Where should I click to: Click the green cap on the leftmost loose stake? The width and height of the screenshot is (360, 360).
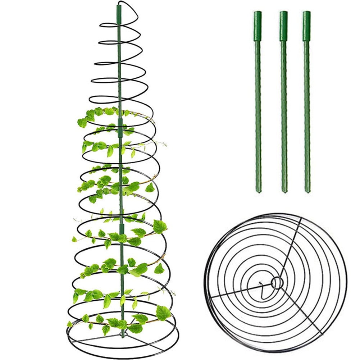pos(258,21)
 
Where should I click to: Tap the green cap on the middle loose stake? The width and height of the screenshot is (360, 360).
pos(284,21)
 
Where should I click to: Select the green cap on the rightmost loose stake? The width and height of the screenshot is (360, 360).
pos(306,21)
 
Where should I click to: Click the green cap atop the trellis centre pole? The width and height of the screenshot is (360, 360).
pos(119,14)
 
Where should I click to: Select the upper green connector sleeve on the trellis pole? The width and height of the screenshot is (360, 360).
pos(120,128)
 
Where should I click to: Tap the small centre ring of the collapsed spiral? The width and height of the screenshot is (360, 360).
pos(277,283)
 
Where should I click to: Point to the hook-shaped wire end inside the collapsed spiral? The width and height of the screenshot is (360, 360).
pos(265,292)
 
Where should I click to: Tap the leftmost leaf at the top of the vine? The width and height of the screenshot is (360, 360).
pos(82,123)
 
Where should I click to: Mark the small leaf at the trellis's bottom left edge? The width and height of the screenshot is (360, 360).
pos(69,324)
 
